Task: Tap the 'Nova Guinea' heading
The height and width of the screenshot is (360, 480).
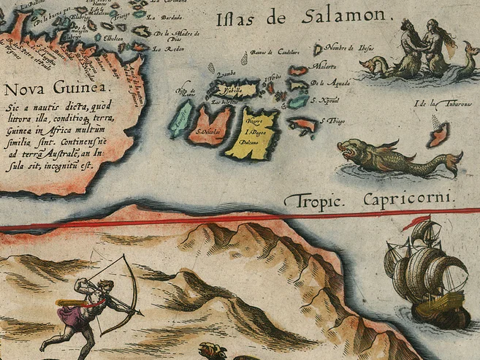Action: click(x=53, y=90)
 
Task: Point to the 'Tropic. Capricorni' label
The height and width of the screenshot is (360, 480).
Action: click(x=370, y=198)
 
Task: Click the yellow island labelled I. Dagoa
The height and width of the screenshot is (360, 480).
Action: click(x=252, y=133)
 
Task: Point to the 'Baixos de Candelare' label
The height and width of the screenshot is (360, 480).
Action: click(x=274, y=52)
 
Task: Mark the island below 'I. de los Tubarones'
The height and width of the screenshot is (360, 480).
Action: click(x=438, y=134)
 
